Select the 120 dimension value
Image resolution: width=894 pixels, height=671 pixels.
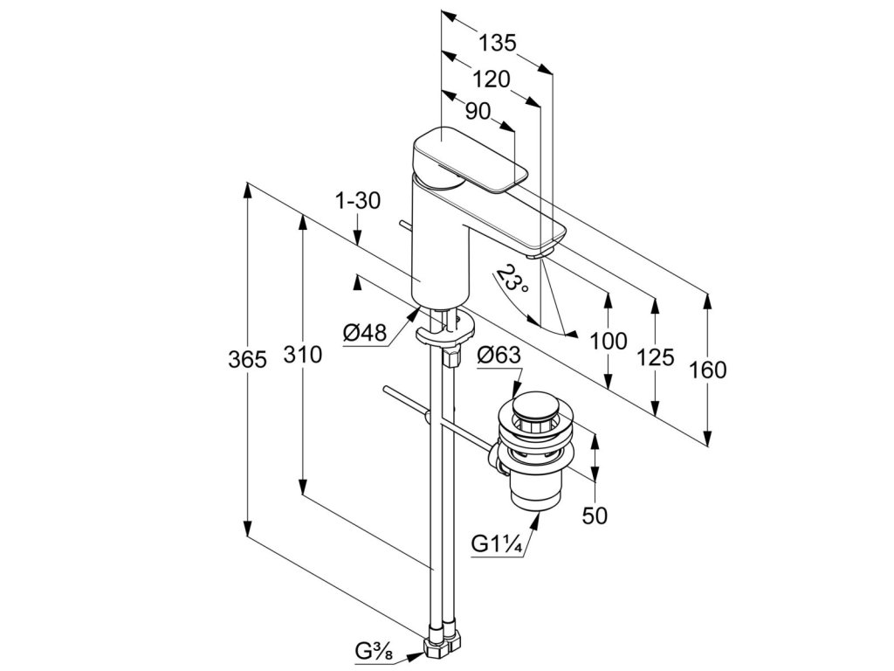coord(491,80)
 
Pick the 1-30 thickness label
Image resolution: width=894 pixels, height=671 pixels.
coord(358,201)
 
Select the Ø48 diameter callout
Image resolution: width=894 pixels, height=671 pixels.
coord(364,333)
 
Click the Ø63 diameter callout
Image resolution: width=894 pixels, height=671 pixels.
coord(499,356)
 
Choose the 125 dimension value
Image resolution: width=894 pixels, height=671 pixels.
coord(655,356)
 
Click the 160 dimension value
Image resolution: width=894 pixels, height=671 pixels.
coord(707,370)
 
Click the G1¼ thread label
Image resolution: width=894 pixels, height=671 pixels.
coord(497,544)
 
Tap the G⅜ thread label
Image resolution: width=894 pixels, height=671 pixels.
coord(374,650)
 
